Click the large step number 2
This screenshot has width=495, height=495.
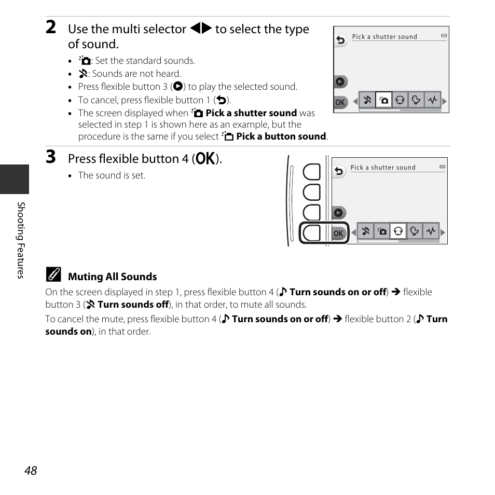click(51, 28)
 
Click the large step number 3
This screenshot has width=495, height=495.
click(51, 157)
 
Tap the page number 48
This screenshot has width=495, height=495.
click(31, 470)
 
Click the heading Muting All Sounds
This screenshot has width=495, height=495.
click(112, 277)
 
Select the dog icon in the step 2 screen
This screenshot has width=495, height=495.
click(400, 101)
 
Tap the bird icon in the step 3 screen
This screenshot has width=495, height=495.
click(415, 231)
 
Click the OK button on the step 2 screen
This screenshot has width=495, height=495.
click(340, 102)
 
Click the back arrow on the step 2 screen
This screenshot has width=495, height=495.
click(340, 40)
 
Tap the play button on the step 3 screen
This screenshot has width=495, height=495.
click(338, 212)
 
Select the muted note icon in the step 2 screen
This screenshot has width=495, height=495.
click(367, 101)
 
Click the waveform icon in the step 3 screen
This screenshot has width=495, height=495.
click(431, 231)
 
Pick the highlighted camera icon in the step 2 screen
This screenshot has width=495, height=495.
click(383, 101)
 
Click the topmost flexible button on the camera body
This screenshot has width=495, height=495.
click(312, 172)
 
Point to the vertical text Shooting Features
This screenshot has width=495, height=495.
click(21, 240)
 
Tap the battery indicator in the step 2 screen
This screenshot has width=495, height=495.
click(444, 36)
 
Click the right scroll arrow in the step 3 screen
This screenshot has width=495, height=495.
click(443, 232)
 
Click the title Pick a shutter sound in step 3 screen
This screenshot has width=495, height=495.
click(383, 168)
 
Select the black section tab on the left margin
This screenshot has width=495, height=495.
click(15, 179)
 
